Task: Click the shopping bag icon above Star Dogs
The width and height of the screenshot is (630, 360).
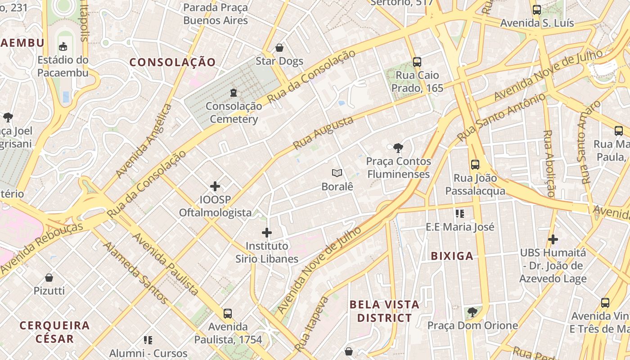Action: click(279, 48)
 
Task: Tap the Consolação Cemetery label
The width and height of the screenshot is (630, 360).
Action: click(234, 112)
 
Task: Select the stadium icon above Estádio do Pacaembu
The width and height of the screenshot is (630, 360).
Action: click(63, 46)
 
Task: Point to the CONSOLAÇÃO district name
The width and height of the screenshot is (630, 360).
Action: click(173, 62)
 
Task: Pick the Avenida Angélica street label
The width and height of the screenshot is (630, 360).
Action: click(144, 141)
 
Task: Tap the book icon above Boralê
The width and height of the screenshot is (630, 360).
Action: click(337, 173)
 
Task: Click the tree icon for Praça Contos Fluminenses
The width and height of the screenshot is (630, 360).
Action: click(398, 148)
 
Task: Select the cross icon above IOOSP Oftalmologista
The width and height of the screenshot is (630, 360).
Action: click(215, 186)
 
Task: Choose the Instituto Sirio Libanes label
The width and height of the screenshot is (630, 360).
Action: click(267, 252)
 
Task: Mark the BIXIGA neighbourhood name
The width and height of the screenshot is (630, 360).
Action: click(452, 256)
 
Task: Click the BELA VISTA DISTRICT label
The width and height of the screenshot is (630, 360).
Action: click(384, 311)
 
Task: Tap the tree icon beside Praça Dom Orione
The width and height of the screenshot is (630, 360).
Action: click(472, 312)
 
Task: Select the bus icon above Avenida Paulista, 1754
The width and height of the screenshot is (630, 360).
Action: click(228, 313)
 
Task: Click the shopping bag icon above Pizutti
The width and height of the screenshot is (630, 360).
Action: click(49, 278)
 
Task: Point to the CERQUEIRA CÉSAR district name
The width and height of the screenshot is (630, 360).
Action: click(54, 332)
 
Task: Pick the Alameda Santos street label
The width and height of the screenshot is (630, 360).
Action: click(135, 273)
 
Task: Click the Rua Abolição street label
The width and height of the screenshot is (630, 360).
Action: click(549, 163)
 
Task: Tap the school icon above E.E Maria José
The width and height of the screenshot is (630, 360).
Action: click(459, 213)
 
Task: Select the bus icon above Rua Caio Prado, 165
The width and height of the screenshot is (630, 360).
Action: click(417, 62)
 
